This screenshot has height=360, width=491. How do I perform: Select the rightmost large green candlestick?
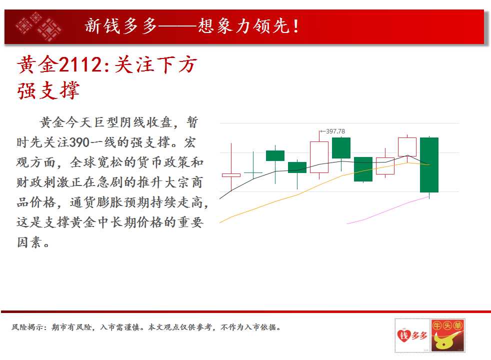pos(429,164)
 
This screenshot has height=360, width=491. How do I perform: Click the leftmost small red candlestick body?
pos(231,175)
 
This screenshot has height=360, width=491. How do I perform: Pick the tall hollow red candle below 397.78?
pos(319,157)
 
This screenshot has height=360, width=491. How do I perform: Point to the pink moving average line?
pos(388,210)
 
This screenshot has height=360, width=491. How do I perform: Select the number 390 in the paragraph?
pos(79,142)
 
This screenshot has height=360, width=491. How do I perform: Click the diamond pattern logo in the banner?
pos(38,26)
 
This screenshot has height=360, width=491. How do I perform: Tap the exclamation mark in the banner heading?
pos(295,26)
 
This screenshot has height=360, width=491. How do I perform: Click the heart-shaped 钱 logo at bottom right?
pos(404,335)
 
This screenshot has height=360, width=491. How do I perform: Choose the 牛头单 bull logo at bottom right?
pos(447,335)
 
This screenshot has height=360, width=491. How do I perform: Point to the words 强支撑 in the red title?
pos(48,91)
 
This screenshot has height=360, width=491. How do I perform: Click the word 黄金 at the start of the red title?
pos(37,65)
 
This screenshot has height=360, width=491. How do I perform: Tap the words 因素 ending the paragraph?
pos(29,242)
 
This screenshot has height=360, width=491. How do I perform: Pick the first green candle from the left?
pos(275,156)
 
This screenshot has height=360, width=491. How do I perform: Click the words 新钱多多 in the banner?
pos(121,26)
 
